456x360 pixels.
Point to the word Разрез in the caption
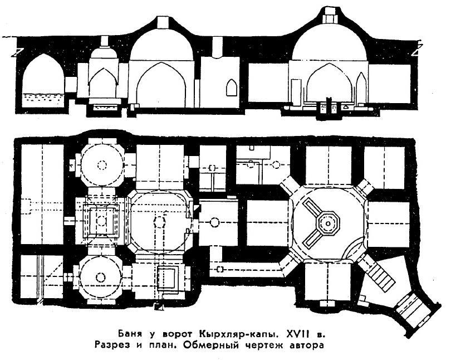pyautogui.click(x=138, y=346)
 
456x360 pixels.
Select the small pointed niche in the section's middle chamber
pyautogui.click(x=229, y=87)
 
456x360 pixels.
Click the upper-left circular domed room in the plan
pyautogui.click(x=101, y=164)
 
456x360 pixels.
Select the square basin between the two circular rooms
pyautogui.click(x=101, y=220)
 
